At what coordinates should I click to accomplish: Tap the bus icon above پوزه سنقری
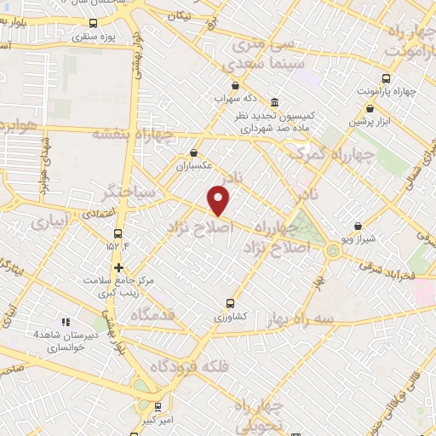(93, 25)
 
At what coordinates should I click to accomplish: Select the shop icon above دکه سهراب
(235, 85)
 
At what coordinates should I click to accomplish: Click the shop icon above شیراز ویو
(359, 227)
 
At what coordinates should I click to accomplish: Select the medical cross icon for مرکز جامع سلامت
(118, 267)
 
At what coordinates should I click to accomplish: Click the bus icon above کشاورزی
(230, 302)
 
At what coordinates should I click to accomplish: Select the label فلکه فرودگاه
(192, 366)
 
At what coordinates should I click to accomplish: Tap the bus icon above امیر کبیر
(158, 407)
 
